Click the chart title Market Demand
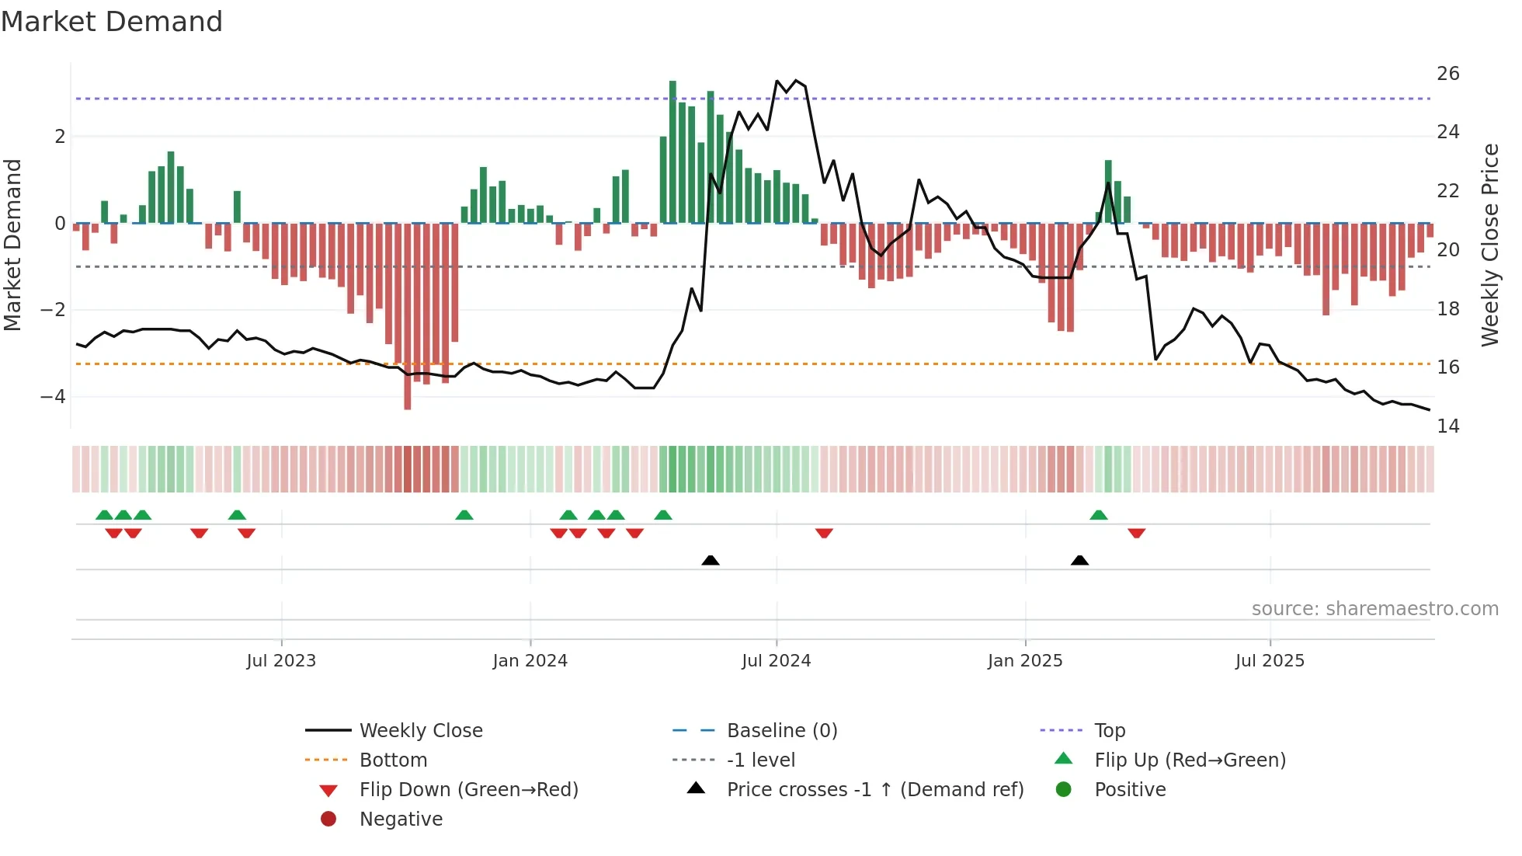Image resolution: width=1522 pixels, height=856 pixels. [112, 22]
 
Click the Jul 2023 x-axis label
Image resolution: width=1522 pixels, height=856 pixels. [281, 661]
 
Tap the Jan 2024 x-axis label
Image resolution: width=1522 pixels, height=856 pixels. [530, 661]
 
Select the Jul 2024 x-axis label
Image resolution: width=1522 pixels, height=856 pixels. [776, 661]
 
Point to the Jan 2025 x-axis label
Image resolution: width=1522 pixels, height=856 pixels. [1025, 661]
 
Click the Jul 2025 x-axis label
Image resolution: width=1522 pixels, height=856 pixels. [1270, 661]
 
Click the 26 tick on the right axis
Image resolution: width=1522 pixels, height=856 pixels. [1447, 74]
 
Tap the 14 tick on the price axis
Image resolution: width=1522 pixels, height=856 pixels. [1447, 426]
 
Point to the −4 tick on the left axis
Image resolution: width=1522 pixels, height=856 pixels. [54, 397]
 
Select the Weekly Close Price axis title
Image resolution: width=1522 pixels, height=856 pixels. [1489, 245]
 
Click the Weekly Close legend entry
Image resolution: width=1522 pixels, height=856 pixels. [420, 731]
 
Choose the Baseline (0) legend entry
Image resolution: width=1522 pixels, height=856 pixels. [781, 731]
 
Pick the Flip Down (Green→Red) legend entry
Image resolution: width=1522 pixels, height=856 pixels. [468, 790]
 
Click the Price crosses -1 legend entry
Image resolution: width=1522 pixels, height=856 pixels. [874, 790]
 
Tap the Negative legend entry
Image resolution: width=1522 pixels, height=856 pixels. [401, 819]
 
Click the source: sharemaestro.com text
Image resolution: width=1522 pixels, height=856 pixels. [1374, 609]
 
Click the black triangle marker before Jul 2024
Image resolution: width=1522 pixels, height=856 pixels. [710, 560]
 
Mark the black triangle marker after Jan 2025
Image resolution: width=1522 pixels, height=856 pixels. [1079, 560]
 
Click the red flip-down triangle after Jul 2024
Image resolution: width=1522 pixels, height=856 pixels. [824, 533]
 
